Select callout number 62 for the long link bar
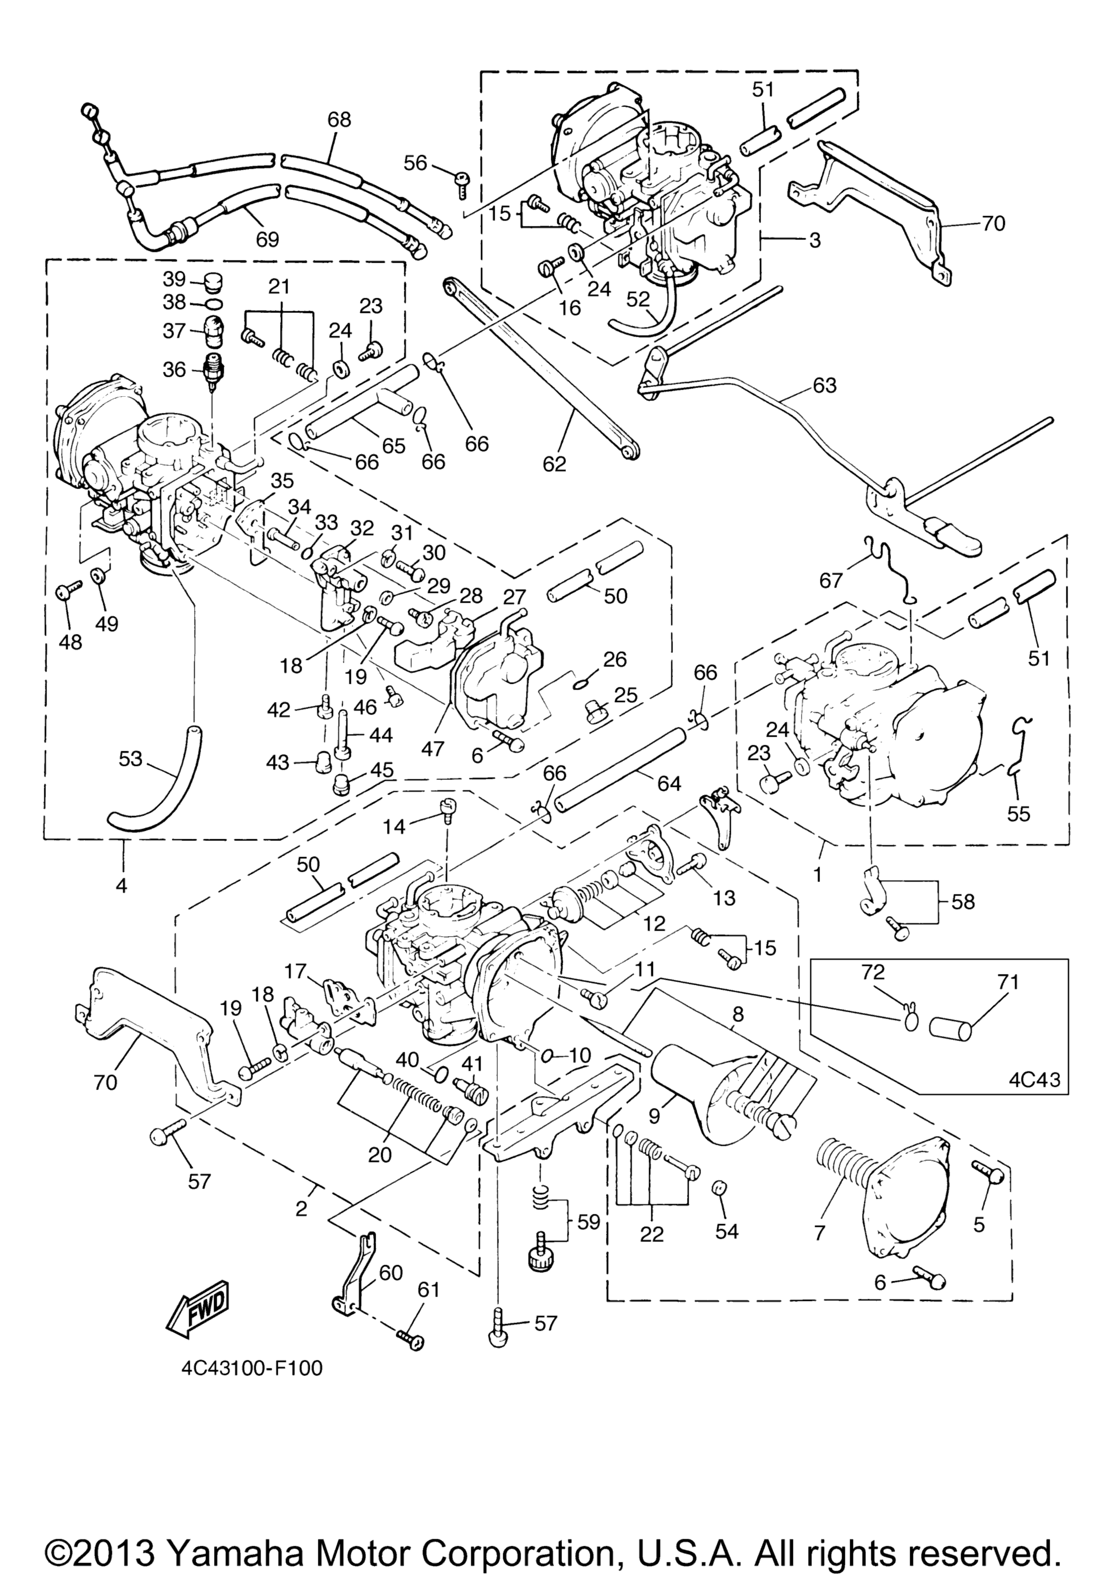554,465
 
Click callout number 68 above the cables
339,119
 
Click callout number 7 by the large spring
819,1232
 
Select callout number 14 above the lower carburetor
394,827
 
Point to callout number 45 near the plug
382,771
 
